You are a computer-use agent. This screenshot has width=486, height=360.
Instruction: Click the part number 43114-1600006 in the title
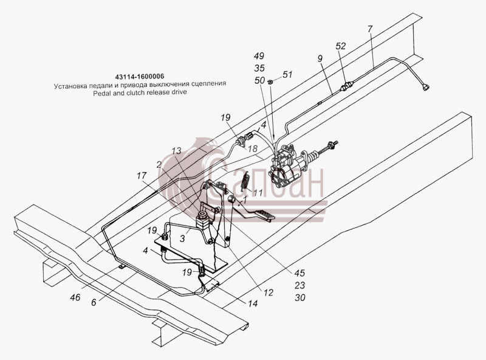pos(139,77)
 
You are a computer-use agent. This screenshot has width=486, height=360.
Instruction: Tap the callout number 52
pos(341,46)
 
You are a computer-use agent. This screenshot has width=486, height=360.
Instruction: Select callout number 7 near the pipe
pos(370,29)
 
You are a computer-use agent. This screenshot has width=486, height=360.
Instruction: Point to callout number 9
pos(320,58)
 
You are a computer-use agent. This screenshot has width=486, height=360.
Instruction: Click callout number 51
pos(287,74)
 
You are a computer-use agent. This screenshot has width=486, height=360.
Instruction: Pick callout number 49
pos(259,56)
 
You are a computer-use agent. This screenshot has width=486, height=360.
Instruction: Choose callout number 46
pos(75,297)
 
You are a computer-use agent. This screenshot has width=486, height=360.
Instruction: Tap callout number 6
pos(94,302)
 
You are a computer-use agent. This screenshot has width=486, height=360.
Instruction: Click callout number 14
pos(253,303)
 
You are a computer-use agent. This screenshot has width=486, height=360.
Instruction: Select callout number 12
pos(269,292)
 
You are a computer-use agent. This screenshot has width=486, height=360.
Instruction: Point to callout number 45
pos(299,273)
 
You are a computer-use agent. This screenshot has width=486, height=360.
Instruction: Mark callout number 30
pos(299,297)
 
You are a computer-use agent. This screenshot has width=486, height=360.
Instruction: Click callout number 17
pos(142,176)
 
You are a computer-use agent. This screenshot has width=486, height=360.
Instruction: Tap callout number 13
pos(176,151)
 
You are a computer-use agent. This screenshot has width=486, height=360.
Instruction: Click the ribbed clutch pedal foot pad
pos(264,215)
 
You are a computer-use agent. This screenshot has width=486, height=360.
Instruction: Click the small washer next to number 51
pos(270,82)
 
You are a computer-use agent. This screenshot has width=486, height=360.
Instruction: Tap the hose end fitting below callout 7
pos(426,88)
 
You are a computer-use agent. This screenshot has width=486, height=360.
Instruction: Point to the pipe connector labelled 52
pos(346,86)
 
